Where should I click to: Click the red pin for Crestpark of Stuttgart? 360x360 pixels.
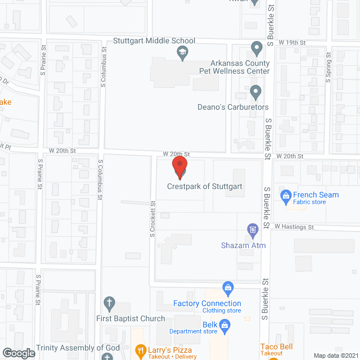(x=179, y=166)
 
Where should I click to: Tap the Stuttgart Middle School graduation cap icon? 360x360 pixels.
(x=182, y=53)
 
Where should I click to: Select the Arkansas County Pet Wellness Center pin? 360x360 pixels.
(x=256, y=47)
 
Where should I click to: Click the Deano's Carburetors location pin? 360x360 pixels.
(x=256, y=91)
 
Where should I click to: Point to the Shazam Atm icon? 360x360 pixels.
(x=253, y=229)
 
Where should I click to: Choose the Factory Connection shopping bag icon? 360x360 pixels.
(x=228, y=289)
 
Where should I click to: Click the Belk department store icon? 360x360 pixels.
(x=225, y=325)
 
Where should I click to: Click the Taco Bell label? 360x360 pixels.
(x=275, y=347)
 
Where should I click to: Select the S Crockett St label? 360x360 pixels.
(x=152, y=219)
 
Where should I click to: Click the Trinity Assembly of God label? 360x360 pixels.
(x=78, y=348)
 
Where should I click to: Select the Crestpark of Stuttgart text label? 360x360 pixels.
(x=205, y=187)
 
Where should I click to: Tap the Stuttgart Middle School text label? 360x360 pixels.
(x=154, y=40)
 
